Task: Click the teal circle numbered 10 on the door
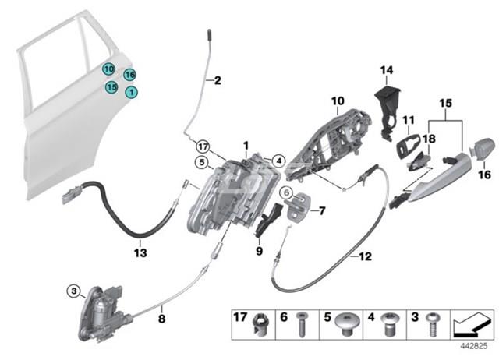click(108, 69)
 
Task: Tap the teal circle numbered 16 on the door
click(129, 75)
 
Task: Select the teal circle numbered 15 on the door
click(112, 87)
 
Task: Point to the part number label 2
click(218, 80)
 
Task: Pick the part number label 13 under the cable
click(140, 252)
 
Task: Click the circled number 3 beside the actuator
click(74, 291)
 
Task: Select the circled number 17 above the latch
click(203, 146)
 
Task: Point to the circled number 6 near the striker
click(286, 193)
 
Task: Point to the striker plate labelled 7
click(298, 209)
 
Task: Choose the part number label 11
click(408, 120)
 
